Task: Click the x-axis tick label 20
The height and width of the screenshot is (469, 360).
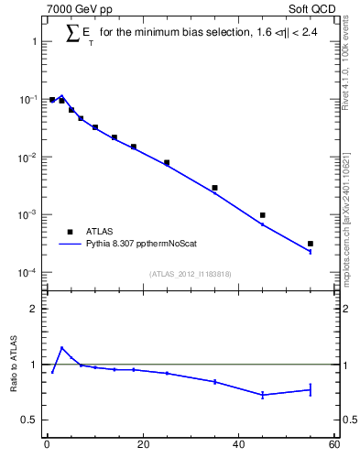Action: pyautogui.click(x=142, y=446)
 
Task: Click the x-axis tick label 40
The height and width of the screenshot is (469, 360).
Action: pyautogui.click(x=238, y=446)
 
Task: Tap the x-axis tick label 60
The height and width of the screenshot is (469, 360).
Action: pyautogui.click(x=333, y=446)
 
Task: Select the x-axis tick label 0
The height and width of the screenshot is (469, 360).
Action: pyautogui.click(x=47, y=446)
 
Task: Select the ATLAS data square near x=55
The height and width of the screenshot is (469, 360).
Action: pyautogui.click(x=311, y=244)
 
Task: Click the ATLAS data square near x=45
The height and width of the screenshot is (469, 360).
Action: pyautogui.click(x=263, y=215)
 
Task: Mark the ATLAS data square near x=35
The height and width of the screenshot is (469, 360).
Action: pyautogui.click(x=214, y=188)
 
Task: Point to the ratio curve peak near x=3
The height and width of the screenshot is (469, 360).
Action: pyautogui.click(x=61, y=348)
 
